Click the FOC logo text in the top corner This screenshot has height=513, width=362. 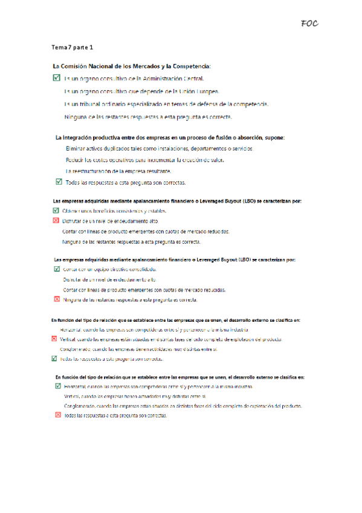click(x=309, y=24)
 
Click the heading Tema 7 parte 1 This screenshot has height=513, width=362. click(x=72, y=47)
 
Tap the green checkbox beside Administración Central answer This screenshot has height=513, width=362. click(x=57, y=78)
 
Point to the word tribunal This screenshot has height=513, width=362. click(x=92, y=104)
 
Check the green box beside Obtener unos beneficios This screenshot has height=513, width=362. click(x=56, y=211)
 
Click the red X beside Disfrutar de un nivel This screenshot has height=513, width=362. click(x=56, y=221)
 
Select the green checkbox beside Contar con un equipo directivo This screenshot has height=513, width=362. click(x=57, y=269)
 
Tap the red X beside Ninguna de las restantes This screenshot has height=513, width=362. click(x=57, y=299)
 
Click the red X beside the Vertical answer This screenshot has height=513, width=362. click(x=54, y=339)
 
